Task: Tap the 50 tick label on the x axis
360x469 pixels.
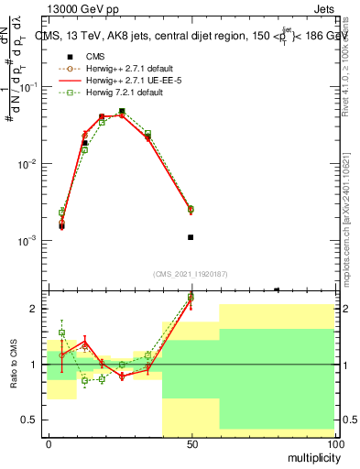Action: [191, 443]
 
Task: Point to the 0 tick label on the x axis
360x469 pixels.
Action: [49, 443]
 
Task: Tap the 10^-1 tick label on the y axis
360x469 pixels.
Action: [29, 87]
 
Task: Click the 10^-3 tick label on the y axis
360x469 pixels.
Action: [29, 241]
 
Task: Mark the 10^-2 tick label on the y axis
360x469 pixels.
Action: [29, 164]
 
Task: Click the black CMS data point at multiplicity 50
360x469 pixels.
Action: [191, 237]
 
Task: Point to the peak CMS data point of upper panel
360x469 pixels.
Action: [122, 111]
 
